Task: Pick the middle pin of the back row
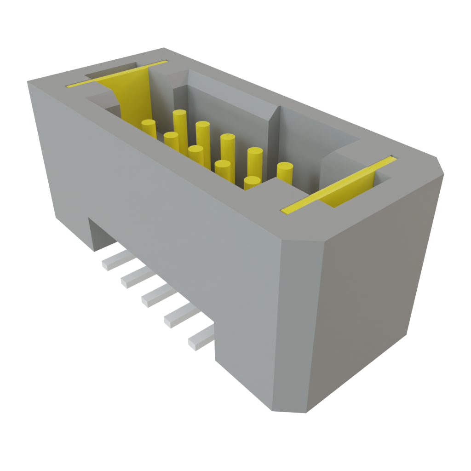coord(227,145)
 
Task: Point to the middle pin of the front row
coord(196,155)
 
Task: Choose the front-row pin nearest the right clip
coord(252,183)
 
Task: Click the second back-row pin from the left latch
coord(202,132)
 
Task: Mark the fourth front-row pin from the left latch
coord(223,169)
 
